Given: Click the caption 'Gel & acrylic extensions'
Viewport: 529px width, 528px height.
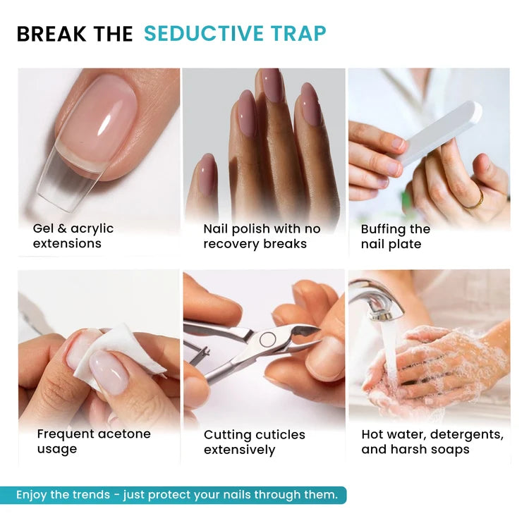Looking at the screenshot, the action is click(x=73, y=235).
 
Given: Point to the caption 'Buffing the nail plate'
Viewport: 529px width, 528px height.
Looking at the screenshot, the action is click(x=396, y=236).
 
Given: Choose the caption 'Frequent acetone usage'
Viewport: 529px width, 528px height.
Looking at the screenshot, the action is click(x=94, y=441).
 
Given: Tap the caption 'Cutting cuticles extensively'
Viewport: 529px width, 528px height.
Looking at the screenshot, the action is click(x=255, y=442).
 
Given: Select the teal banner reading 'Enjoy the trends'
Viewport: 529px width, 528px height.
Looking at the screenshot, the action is click(x=173, y=495).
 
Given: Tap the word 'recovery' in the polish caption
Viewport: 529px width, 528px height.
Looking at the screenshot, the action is click(x=231, y=244).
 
